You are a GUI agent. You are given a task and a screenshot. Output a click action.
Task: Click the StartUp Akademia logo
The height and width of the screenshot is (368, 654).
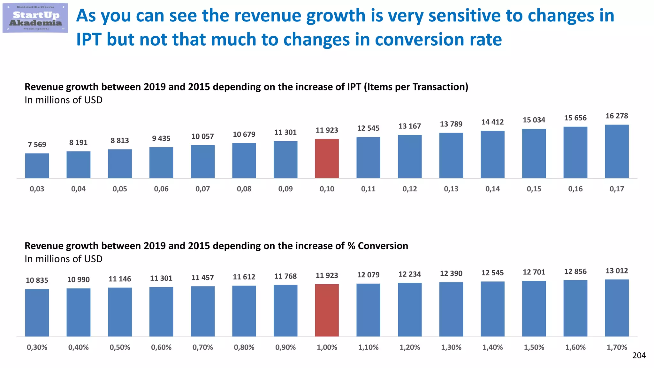point(35,18)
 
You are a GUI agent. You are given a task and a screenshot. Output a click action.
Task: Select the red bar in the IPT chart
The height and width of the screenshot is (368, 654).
point(327,159)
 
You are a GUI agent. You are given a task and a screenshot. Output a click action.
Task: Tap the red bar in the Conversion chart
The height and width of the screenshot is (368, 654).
point(327,310)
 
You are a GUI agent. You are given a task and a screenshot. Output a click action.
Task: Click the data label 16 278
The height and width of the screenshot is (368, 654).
point(617,116)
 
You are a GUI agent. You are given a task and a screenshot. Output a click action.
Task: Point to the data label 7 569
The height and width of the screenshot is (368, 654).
point(37,145)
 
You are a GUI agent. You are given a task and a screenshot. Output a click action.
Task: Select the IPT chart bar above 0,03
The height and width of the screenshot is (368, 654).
point(37,166)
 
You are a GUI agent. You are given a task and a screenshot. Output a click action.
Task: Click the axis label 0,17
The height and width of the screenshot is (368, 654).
point(617,189)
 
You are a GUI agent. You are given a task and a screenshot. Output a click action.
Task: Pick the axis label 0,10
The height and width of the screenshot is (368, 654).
point(327,189)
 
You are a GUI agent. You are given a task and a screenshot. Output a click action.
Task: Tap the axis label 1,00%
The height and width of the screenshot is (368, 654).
point(327,347)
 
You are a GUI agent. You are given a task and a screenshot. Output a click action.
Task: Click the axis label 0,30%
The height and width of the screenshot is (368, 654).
point(37,347)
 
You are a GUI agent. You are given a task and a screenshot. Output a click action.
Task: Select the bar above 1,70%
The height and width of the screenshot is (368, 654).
point(617,308)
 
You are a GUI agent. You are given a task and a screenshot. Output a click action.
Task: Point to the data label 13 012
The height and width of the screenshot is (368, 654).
point(617,271)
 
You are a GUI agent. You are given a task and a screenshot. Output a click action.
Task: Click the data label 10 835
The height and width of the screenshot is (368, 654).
point(37,280)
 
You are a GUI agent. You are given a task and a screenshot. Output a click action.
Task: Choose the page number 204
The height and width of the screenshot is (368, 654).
point(639,356)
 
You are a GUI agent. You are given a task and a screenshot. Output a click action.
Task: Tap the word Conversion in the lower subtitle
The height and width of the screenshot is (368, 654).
point(383,246)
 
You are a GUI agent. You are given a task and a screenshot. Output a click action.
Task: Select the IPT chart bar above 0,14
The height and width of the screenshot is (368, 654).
point(492,154)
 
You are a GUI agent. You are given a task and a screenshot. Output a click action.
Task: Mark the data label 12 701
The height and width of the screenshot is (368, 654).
point(534,272)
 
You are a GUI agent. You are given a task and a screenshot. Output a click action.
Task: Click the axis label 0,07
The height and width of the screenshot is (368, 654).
point(202,189)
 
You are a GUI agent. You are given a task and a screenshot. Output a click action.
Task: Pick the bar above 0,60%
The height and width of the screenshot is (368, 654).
point(161,311)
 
